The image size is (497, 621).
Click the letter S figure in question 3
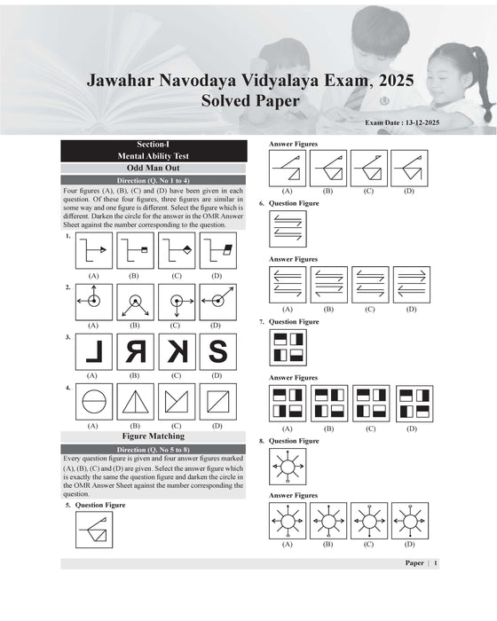[x=217, y=351]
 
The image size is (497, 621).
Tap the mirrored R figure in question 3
[x=134, y=351]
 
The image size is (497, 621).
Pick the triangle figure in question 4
[x=134, y=402]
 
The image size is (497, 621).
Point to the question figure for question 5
[x=93, y=531]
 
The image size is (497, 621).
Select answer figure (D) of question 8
[x=410, y=521]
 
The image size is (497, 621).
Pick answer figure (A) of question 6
[x=287, y=285]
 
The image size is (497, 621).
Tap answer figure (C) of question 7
[x=370, y=403]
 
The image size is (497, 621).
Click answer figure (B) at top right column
[x=327, y=167]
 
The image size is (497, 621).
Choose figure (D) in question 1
[x=217, y=251]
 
